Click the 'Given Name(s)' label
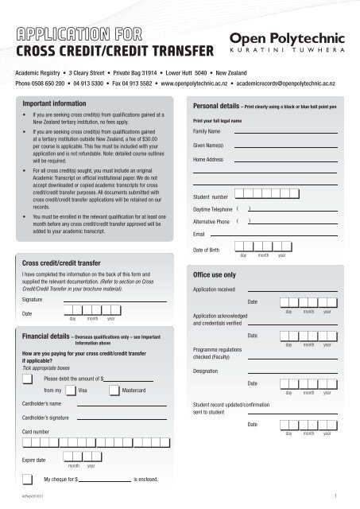(x=208, y=146)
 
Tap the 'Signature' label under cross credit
(x=35, y=300)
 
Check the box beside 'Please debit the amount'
(x=29, y=379)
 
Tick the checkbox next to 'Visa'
(x=71, y=391)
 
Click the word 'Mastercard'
(x=138, y=391)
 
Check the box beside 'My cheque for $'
(x=29, y=480)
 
